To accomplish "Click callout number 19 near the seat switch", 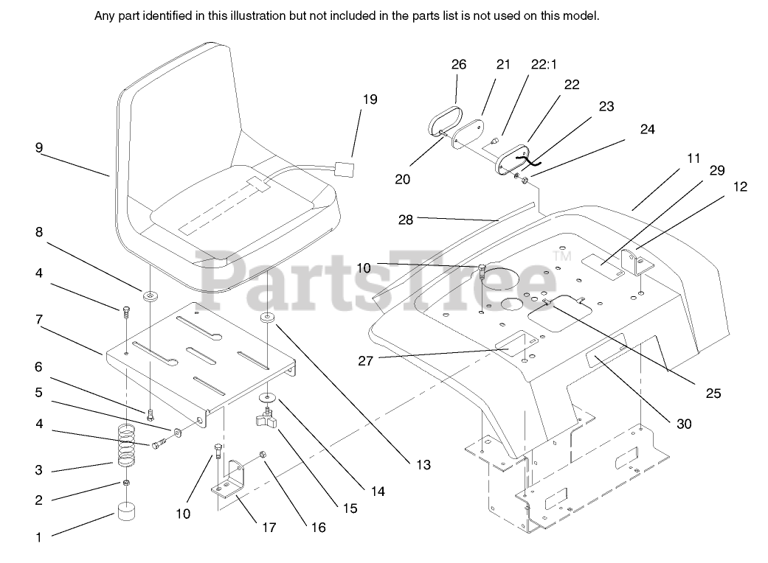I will coord(370,99).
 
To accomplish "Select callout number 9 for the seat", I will coord(38,147).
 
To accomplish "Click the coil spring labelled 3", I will coord(127,446).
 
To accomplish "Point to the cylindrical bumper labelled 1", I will coord(127,514).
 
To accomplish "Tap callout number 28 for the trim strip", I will coord(405,218).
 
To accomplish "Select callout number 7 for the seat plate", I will coord(38,320).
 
